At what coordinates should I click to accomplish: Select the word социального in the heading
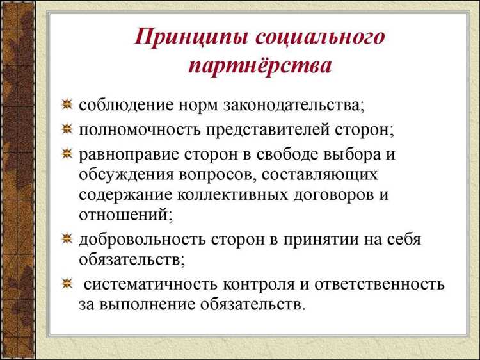point(321,37)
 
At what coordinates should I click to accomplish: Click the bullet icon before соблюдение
point(67,104)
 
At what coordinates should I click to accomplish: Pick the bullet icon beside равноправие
point(67,154)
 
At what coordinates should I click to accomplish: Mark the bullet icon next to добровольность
point(67,240)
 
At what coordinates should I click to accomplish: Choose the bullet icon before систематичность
point(67,282)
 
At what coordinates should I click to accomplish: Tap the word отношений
point(125,215)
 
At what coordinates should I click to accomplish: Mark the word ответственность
point(378,282)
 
